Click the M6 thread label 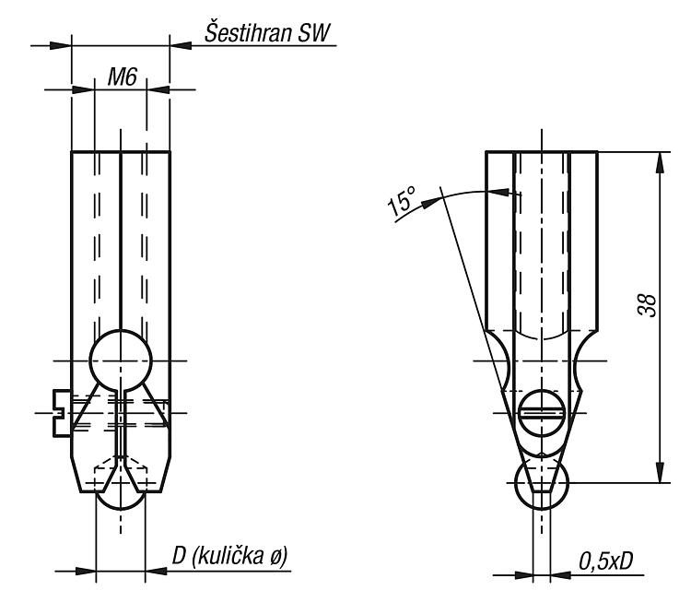point(123,77)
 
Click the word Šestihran point(248,32)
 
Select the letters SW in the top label point(314,32)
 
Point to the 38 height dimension point(647,305)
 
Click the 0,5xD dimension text point(605,561)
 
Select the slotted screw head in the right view point(541,413)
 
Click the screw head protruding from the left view point(62,413)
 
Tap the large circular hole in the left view point(121,360)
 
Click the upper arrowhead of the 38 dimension point(660,163)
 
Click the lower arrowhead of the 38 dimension point(660,472)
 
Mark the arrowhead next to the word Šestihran point(181,45)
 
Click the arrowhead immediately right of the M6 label point(158,89)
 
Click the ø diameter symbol point(275,557)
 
